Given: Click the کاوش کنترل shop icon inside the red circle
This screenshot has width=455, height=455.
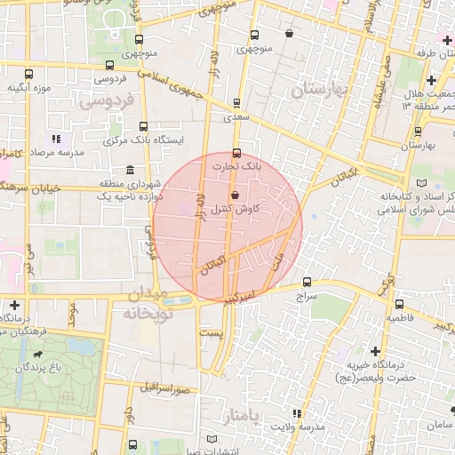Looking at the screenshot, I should tap(235, 196).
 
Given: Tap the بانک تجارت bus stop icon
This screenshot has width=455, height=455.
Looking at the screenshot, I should tap(235, 152).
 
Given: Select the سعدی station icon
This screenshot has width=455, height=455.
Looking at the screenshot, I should tap(235, 103).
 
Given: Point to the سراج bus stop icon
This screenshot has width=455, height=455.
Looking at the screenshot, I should tap(307, 281).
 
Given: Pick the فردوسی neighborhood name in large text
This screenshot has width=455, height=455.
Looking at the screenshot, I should tap(108, 101).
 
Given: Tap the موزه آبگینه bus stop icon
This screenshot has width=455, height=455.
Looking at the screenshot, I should tap(29, 75).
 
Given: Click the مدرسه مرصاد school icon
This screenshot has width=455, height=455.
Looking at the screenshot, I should tap(56, 139).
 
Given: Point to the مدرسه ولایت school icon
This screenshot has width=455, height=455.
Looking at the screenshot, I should tap(297, 414).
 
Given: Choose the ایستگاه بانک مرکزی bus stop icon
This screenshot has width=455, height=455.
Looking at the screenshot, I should tap(143, 125).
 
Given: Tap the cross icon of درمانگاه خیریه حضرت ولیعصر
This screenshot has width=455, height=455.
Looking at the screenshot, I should tap(375, 352).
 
